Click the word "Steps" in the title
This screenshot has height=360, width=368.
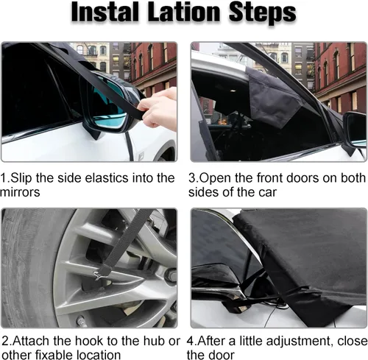[x=262, y=13]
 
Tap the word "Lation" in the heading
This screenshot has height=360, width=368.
[x=184, y=12]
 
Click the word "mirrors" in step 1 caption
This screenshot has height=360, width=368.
[x=20, y=192]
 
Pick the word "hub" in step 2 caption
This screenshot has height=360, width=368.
[x=155, y=341]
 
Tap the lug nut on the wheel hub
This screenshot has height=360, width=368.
[x=171, y=275]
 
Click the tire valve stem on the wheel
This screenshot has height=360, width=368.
[x=81, y=320]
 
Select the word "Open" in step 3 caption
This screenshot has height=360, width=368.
[x=215, y=178]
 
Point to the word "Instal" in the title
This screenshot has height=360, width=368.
[x=105, y=12]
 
